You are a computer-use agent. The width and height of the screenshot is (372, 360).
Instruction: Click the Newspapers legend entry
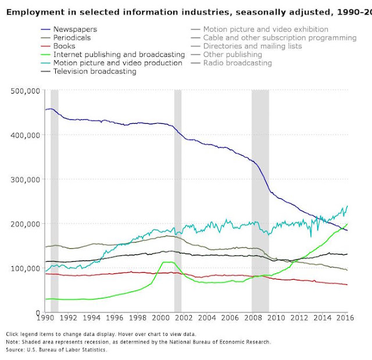75,29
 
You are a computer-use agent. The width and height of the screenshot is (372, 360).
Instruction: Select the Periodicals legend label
72,37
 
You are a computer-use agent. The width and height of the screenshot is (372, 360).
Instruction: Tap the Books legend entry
64,46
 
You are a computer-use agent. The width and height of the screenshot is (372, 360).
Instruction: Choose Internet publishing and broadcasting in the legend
119,54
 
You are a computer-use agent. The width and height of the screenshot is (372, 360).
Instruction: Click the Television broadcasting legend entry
95,71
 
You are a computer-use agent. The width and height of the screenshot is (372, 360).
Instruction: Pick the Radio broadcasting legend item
238,63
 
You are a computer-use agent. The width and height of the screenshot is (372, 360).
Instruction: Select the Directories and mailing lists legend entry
252,46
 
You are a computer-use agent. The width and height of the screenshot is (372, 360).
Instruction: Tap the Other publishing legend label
233,54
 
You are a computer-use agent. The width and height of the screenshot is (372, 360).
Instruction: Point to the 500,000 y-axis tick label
25,91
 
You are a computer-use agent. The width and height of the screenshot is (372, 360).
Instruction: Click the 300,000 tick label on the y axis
25,179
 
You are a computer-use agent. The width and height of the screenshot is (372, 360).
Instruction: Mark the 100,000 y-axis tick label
25,268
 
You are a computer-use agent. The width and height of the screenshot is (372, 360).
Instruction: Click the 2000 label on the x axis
160,318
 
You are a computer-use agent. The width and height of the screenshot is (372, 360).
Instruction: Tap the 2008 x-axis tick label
253,318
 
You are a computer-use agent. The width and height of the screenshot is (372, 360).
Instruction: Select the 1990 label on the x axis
45,318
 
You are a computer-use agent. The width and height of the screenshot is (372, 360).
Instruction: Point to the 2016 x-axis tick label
345,318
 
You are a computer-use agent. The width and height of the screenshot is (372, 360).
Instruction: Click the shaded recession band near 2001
178,201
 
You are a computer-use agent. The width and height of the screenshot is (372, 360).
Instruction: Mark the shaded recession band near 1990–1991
55,201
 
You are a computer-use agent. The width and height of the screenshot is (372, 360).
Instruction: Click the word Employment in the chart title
35,12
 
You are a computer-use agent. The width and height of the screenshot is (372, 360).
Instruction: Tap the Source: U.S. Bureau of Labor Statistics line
56,350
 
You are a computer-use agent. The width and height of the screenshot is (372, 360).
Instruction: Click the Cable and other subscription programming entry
280,37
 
